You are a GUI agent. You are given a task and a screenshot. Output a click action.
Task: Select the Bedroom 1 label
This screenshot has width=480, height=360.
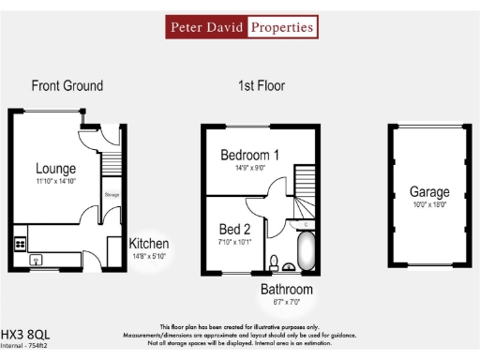(x=249, y=155)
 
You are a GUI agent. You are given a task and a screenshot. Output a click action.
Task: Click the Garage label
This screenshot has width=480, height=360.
(x=428, y=191)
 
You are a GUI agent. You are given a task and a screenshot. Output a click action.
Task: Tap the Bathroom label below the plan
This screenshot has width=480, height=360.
(x=287, y=289)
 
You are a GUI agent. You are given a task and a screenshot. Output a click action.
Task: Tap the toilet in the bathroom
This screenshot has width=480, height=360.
(x=273, y=262)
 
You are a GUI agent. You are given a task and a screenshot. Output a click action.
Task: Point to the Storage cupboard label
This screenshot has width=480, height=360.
(x=112, y=195)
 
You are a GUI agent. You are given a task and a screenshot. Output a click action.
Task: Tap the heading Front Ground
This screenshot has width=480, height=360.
(x=67, y=85)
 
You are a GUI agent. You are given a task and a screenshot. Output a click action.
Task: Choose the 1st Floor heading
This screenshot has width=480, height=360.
(x=262, y=85)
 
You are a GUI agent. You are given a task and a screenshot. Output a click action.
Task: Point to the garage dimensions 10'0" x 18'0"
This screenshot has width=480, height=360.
(x=428, y=204)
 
